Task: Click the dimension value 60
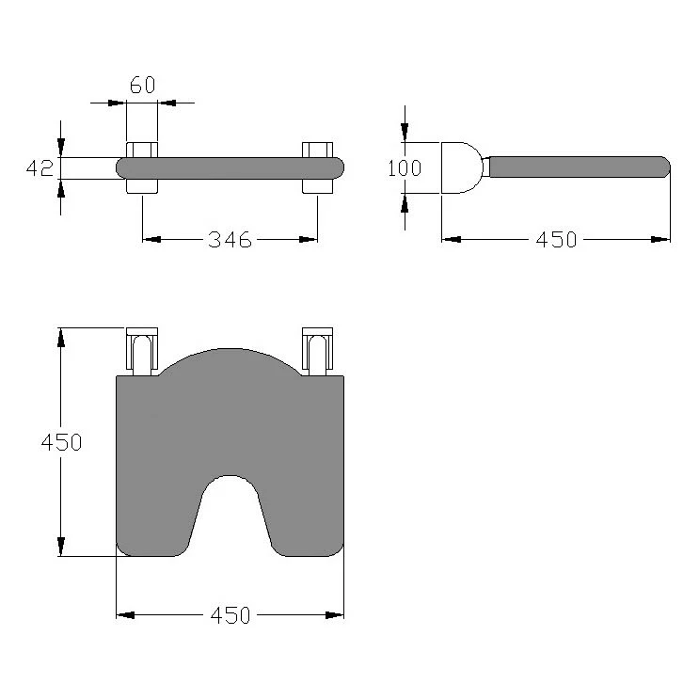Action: pyautogui.click(x=143, y=85)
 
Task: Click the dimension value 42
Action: pyautogui.click(x=40, y=168)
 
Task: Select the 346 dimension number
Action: pyautogui.click(x=230, y=240)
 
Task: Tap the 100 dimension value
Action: pyautogui.click(x=405, y=168)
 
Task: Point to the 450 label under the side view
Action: pyautogui.click(x=556, y=240)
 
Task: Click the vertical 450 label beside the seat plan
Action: pyautogui.click(x=61, y=442)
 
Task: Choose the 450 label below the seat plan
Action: pyautogui.click(x=230, y=615)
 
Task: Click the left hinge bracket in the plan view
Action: pyautogui.click(x=142, y=351)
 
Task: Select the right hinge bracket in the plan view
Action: pyautogui.click(x=317, y=351)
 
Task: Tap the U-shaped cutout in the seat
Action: pyautogui.click(x=230, y=513)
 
